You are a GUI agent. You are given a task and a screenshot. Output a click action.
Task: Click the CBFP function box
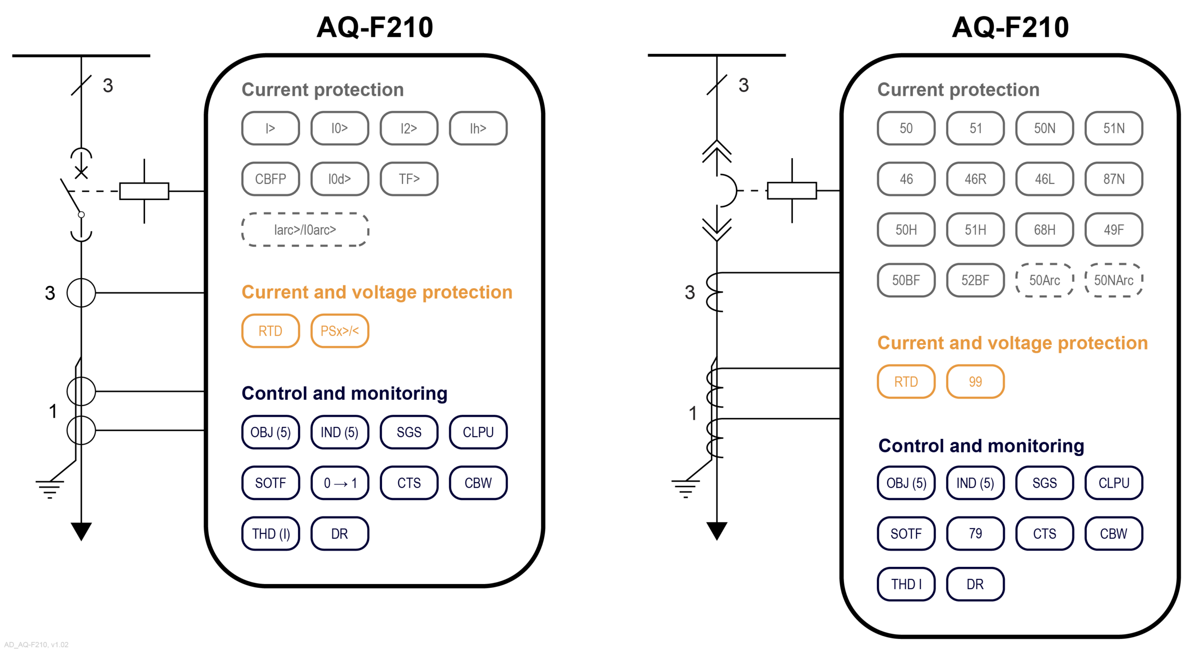pos(270,179)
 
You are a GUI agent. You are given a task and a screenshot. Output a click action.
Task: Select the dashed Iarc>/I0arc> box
pos(305,229)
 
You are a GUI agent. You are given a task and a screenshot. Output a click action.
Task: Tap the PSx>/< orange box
pos(339,331)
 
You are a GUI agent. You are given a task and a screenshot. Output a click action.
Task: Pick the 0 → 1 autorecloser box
pos(339,483)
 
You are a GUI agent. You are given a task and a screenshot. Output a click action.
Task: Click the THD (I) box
pos(270,534)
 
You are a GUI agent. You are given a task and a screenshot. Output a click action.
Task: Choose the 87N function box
pos(1113,179)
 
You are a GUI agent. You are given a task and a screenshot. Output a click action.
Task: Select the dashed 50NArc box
pos(1113,280)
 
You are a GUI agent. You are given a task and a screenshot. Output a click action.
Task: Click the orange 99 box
pos(975,382)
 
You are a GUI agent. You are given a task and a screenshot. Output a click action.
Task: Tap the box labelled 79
pos(975,533)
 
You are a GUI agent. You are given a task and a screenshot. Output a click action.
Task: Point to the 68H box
pos(1044,229)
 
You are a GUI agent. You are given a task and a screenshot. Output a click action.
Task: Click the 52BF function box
pos(975,280)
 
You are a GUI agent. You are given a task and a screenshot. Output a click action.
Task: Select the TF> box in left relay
pos(408,179)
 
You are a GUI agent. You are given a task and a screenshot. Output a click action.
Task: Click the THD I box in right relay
pos(905,584)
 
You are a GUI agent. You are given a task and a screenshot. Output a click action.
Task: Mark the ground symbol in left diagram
pos(49,489)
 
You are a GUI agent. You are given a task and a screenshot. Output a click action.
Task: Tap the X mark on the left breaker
pos(81,173)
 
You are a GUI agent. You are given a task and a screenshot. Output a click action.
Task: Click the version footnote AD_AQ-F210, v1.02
pos(36,645)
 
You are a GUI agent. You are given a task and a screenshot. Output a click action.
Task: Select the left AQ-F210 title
pos(375,27)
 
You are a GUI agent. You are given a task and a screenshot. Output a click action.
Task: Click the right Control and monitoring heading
pos(981,446)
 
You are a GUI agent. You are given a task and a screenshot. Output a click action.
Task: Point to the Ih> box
pos(478,128)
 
